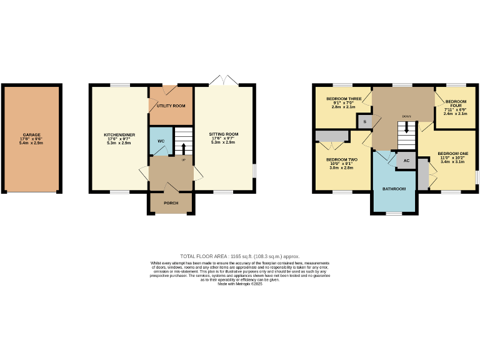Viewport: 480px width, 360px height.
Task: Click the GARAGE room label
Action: click(32, 134)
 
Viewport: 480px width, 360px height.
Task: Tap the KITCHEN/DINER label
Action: click(118, 134)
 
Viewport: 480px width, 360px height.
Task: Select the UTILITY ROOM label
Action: click(171, 106)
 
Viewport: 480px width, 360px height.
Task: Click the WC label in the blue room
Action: click(161, 141)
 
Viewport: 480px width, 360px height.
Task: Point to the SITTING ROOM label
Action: click(224, 134)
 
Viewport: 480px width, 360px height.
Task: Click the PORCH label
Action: click(171, 203)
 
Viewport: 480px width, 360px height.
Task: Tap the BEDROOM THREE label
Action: click(343, 99)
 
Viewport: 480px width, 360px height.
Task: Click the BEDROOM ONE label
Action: click(452, 153)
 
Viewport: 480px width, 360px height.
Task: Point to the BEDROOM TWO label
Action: click(342, 159)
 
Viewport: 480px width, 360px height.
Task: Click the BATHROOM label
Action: click(394, 189)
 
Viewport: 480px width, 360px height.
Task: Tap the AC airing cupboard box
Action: click(406, 161)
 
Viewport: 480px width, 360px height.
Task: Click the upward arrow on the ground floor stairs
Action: click(183, 148)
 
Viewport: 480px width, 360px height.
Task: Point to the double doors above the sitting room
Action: click(224, 81)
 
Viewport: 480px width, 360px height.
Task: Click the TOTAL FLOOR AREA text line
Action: click(240, 256)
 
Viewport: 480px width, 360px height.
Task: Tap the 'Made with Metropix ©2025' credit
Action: click(240, 284)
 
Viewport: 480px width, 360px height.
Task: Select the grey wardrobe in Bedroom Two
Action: click(332, 136)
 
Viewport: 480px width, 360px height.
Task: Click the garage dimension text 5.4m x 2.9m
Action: click(32, 142)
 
